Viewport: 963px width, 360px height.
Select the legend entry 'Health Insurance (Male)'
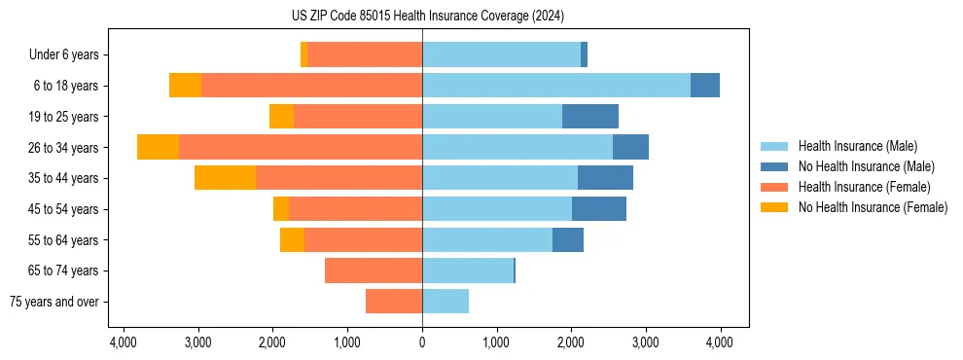coord(857,146)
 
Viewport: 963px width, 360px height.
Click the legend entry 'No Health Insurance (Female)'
coord(873,207)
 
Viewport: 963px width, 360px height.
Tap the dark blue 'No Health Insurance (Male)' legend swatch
coord(775,166)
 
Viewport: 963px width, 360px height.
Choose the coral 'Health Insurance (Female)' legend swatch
coord(775,187)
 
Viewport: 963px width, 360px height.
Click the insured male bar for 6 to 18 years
coord(555,86)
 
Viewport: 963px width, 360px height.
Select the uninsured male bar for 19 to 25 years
coord(590,117)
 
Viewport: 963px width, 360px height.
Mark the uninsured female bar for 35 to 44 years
coord(225,178)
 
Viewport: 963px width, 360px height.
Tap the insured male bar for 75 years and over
coord(446,302)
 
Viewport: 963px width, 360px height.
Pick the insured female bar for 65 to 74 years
coord(374,270)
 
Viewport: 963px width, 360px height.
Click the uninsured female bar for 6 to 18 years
coord(185,86)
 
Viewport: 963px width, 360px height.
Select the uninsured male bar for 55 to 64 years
coord(568,239)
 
